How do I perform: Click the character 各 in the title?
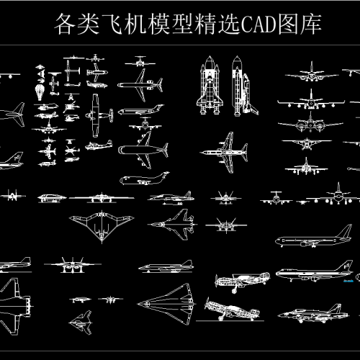coord(65,24)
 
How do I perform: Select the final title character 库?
coord(310,24)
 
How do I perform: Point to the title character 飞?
coord(112,24)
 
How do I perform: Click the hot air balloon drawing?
coord(40,92)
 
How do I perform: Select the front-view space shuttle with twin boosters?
coord(210,85)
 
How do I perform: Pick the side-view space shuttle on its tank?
coord(244,86)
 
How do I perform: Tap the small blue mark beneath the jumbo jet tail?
coord(348,281)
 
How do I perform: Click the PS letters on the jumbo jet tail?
coord(346,266)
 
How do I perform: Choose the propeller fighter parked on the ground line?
coord(232,310)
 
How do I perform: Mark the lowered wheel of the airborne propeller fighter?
coord(234,291)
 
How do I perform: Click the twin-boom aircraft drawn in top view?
coord(99,115)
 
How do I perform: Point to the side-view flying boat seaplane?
coord(99,145)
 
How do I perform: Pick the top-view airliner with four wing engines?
coord(143,150)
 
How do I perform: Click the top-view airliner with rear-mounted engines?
coord(140,85)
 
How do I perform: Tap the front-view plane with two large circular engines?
coord(310,123)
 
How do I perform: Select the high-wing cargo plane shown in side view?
coord(144,179)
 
